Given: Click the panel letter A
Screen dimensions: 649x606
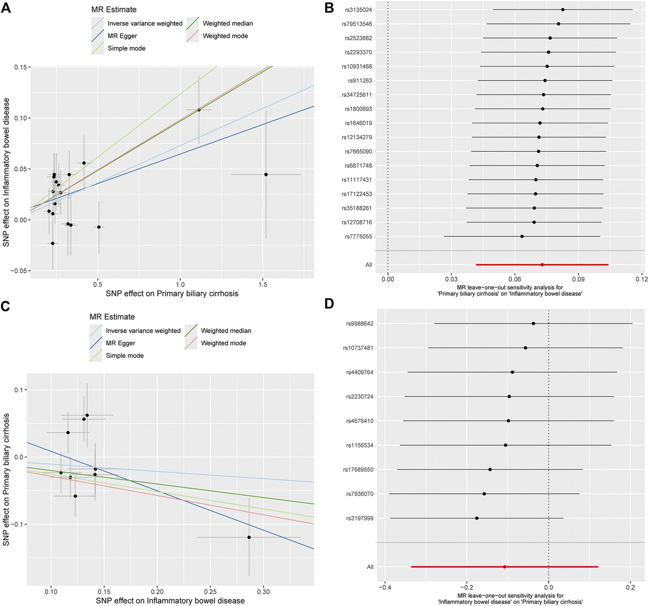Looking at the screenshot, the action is click(x=6, y=8).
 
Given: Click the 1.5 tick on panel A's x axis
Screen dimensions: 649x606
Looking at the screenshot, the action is click(x=263, y=284).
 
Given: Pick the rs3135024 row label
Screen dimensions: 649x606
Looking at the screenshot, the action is click(x=358, y=10).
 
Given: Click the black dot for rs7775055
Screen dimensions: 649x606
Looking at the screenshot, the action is click(x=522, y=236).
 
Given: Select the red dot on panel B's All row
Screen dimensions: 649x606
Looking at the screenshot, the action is click(x=542, y=265).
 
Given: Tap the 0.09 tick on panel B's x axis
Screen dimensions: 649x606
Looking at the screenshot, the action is click(x=578, y=279).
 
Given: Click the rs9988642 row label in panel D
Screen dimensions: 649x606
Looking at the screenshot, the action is click(x=360, y=324).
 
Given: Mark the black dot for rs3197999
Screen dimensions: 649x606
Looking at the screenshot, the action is click(x=477, y=518).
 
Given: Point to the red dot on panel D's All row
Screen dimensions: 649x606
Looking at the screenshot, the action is click(x=505, y=567).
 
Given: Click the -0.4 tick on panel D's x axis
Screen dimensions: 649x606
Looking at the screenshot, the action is click(x=385, y=587).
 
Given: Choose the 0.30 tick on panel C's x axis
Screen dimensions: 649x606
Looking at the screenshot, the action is click(x=263, y=592).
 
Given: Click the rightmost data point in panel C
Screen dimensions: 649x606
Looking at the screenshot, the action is click(x=249, y=537).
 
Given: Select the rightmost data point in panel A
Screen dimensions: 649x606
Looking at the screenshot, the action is click(x=266, y=175).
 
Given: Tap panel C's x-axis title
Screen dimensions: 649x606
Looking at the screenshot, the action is click(x=170, y=601).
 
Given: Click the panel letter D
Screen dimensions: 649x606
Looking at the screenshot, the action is click(x=329, y=304).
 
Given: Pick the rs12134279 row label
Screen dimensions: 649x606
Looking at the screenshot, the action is click(x=357, y=137).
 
